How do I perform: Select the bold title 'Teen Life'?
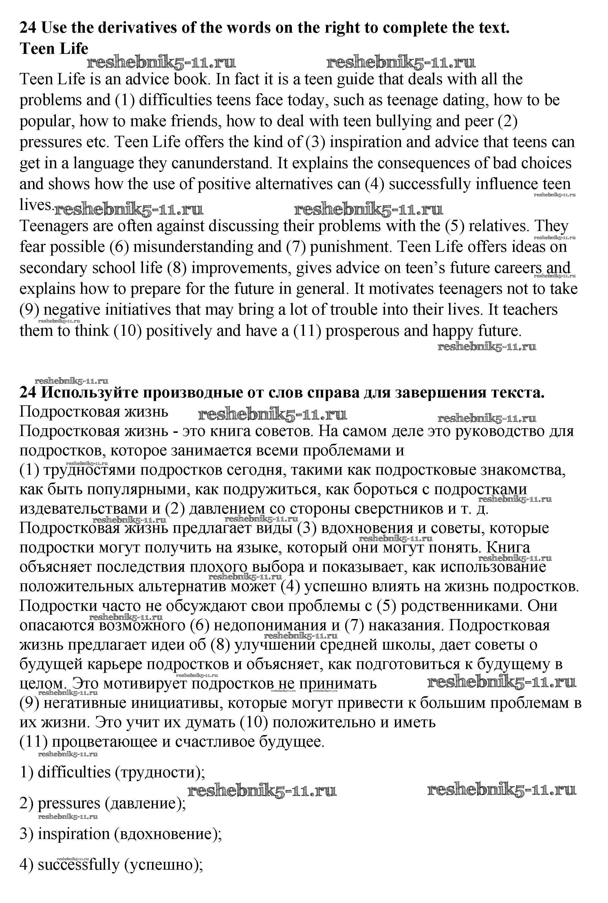[54, 49]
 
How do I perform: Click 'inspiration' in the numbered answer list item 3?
[74, 834]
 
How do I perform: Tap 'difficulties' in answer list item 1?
[74, 772]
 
